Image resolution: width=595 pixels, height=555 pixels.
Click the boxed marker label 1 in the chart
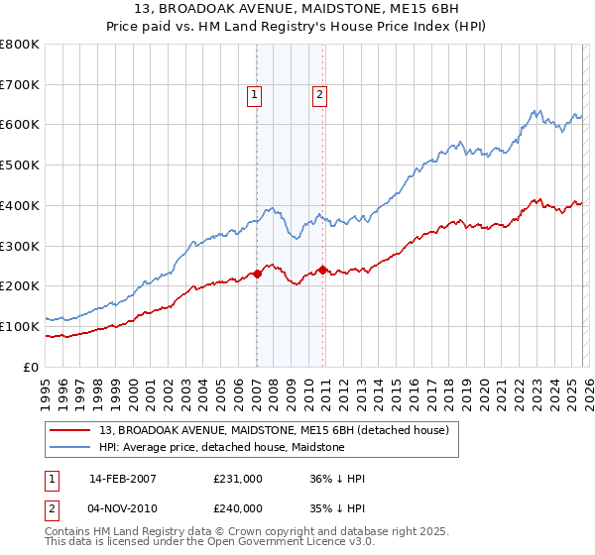[255, 95]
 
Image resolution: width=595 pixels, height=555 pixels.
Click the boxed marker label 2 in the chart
[320, 95]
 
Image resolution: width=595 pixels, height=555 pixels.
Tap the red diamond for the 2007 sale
[257, 274]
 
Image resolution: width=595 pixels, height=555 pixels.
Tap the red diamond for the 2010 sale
[322, 270]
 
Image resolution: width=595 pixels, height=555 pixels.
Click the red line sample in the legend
[71, 430]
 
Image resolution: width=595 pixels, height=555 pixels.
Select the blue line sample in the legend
[71, 447]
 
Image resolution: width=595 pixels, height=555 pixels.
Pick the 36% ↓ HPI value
[336, 479]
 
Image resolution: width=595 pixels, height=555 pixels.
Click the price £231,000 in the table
[238, 479]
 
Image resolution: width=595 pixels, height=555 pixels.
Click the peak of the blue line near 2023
[535, 110]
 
